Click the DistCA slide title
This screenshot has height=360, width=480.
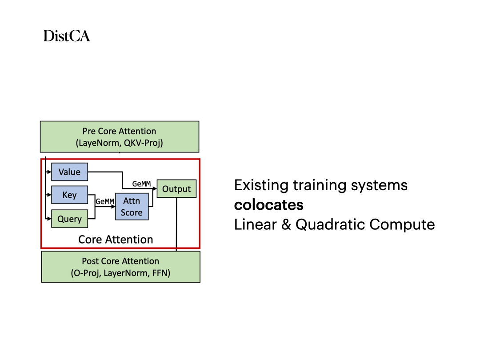click(67, 36)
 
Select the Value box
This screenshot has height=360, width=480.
click(69, 172)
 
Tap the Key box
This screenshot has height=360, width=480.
click(69, 195)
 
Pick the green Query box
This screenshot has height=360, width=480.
click(69, 219)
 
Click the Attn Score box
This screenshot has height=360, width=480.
click(132, 207)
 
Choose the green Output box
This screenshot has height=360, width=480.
click(176, 189)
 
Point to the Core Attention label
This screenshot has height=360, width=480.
click(116, 240)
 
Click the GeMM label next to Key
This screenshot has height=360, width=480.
click(105, 201)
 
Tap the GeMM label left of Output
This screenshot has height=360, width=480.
click(142, 184)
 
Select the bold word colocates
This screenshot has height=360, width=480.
click(269, 205)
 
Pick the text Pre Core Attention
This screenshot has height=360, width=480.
click(119, 131)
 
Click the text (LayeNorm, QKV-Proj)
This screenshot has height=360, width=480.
click(119, 143)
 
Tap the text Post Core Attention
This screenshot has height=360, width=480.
click(120, 261)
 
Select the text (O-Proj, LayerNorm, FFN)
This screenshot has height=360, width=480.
click(120, 273)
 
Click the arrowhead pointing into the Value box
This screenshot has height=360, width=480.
click(49, 172)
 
